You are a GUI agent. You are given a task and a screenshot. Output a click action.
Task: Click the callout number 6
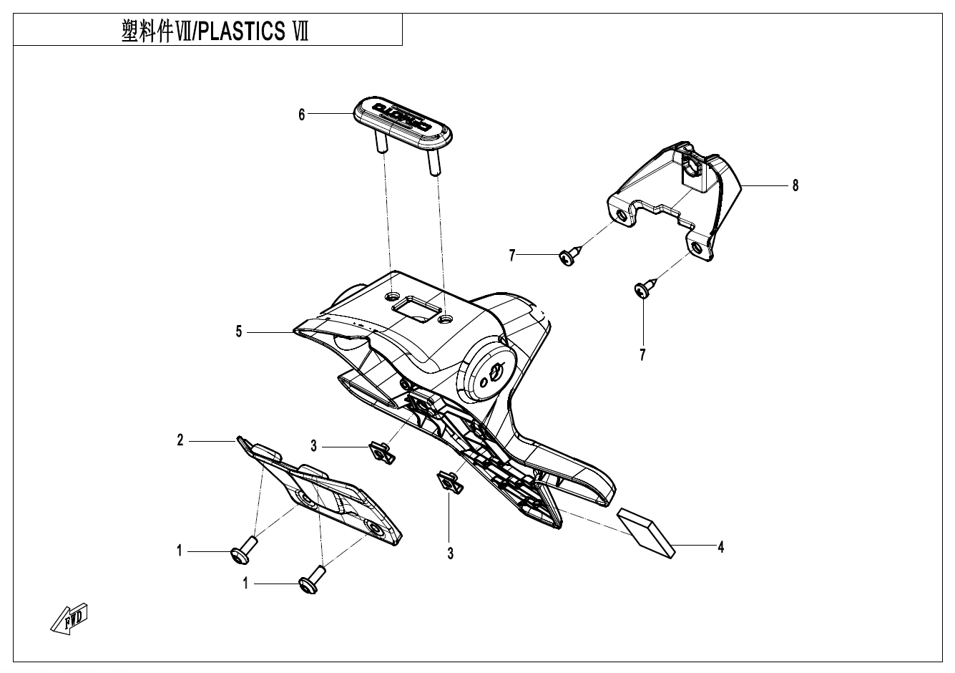302,115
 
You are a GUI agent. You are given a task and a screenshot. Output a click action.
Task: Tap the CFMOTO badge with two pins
403,119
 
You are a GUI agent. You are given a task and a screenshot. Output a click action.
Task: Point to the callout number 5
240,331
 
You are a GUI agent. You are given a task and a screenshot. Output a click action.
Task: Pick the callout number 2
181,441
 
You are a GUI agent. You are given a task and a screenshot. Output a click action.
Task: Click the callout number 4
721,547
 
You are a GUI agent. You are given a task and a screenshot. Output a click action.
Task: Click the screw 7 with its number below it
642,290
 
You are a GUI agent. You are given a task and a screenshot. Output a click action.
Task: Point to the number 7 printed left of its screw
512,256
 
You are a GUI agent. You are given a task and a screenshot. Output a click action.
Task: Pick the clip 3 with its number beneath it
449,482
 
